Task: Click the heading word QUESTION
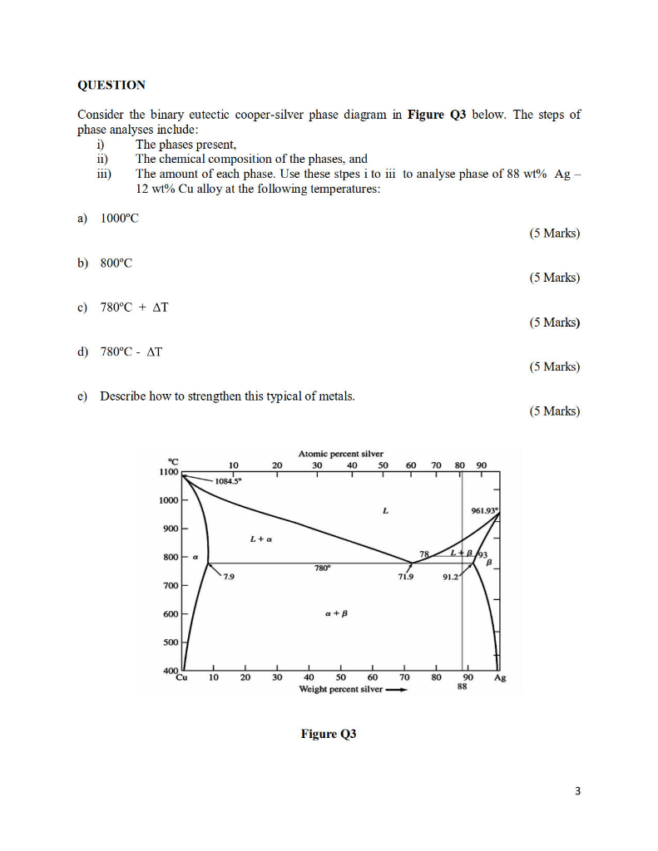click(x=111, y=85)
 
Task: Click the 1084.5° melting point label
click(x=227, y=481)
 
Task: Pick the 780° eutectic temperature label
click(x=324, y=568)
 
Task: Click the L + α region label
click(x=262, y=539)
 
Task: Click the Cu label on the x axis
click(x=182, y=678)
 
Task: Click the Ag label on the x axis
click(x=499, y=678)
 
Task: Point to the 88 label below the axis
click(x=462, y=687)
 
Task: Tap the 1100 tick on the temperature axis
click(x=169, y=470)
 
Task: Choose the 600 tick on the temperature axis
click(x=169, y=614)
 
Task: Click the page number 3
click(x=576, y=790)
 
